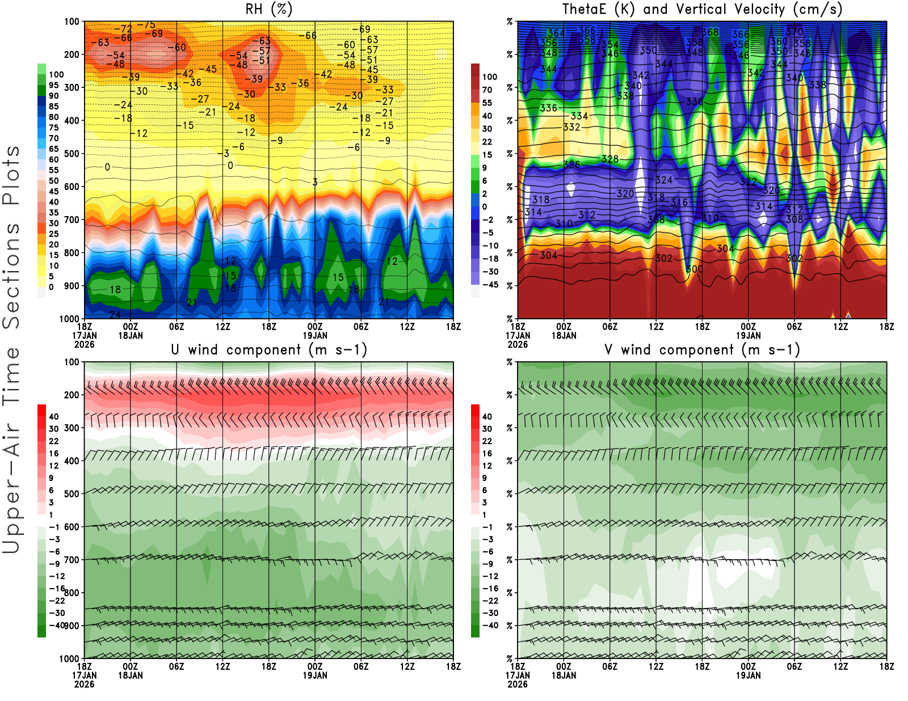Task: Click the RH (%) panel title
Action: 268,9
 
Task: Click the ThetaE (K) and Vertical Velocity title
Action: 702,9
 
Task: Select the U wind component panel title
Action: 268,349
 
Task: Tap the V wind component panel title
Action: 702,349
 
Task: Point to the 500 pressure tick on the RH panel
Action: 72,154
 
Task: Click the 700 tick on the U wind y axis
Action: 72,560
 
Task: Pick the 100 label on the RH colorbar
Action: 56,74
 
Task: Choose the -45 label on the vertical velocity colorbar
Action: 490,285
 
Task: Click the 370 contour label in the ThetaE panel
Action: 794,32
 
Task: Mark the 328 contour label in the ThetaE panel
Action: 609,159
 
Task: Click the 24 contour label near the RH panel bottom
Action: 115,314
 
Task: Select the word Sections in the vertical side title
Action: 11,275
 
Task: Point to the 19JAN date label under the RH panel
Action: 315,335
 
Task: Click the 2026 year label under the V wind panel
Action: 518,684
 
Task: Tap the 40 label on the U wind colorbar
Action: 54,416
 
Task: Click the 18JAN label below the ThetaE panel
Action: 564,335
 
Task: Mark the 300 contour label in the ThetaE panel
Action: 694,269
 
